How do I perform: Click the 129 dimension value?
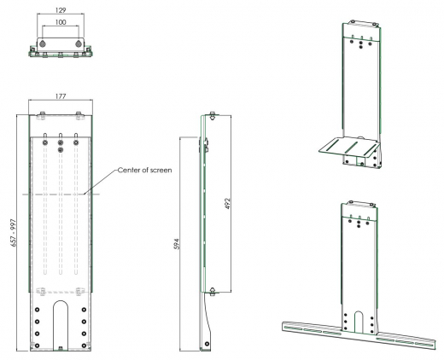(x=61, y=10)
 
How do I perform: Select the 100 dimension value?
(x=61, y=22)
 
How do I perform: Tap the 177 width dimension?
(x=61, y=96)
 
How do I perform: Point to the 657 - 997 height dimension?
(x=13, y=233)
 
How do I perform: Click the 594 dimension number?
(x=177, y=244)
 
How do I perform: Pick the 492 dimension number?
(x=227, y=204)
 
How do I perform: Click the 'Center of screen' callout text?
(x=144, y=170)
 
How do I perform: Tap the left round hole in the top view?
(x=43, y=44)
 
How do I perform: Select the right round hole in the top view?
(x=79, y=44)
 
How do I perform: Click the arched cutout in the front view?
(x=61, y=302)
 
